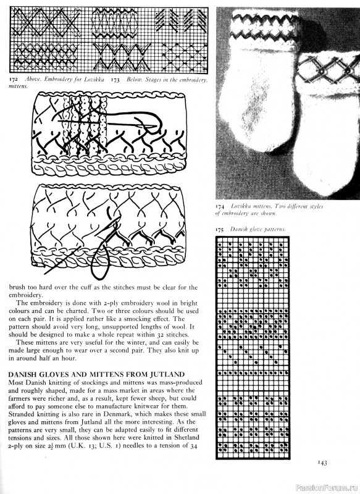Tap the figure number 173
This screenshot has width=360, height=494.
tap(115, 80)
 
